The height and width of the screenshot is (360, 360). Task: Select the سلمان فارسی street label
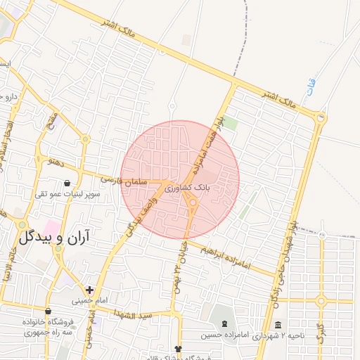coord(122,180)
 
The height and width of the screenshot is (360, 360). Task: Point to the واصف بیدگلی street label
coord(140,214)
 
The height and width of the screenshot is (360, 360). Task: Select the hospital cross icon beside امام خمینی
coord(89,289)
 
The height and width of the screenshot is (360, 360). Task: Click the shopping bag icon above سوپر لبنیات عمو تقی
coord(67,184)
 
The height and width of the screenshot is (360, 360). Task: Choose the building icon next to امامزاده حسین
coord(224,324)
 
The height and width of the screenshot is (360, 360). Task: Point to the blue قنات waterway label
coord(311,88)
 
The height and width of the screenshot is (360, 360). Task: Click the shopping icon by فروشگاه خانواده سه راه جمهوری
coord(48,311)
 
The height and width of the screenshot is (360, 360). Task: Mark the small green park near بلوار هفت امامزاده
coord(230,124)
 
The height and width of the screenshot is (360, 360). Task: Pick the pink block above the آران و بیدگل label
coord(51,225)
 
